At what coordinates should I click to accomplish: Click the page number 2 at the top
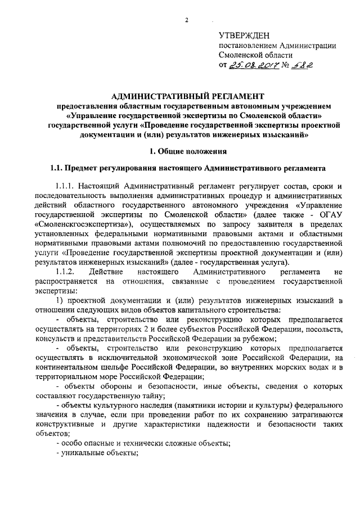click(185, 21)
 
